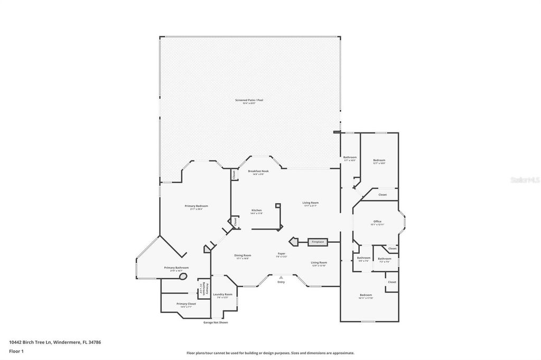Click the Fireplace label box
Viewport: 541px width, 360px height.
tap(318, 242)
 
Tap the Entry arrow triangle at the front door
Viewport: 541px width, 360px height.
tap(281, 277)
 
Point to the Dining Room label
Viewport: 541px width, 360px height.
tap(242, 256)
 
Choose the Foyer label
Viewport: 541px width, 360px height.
tap(282, 254)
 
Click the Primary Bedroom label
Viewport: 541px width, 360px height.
tap(196, 206)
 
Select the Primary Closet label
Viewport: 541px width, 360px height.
tap(186, 305)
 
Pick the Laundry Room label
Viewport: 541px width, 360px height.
tap(225, 295)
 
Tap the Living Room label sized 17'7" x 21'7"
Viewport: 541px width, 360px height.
tap(310, 203)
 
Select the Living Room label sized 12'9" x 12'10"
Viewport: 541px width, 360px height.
tap(319, 263)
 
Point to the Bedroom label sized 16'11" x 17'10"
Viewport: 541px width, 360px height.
tap(366, 296)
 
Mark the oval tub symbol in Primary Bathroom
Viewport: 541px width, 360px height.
tap(183, 276)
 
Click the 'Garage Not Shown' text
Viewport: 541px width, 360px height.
tap(216, 323)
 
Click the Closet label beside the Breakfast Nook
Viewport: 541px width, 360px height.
tap(234, 174)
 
